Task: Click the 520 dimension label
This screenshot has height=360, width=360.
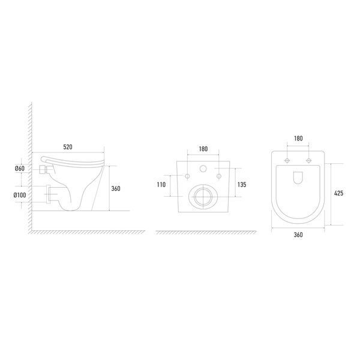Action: tap(68, 147)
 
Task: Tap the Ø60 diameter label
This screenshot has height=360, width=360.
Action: tap(20, 168)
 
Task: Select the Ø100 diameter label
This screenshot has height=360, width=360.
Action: tap(20, 195)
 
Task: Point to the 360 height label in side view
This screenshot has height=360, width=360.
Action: tap(116, 188)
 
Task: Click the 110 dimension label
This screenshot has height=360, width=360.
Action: tap(161, 185)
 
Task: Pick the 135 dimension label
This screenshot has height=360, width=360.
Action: tap(242, 185)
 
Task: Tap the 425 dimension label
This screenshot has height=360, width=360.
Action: tap(338, 193)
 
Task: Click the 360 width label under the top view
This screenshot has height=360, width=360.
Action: tap(298, 235)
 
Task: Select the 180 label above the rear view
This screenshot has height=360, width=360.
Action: tap(203, 149)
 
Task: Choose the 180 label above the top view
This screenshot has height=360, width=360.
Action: tap(298, 139)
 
